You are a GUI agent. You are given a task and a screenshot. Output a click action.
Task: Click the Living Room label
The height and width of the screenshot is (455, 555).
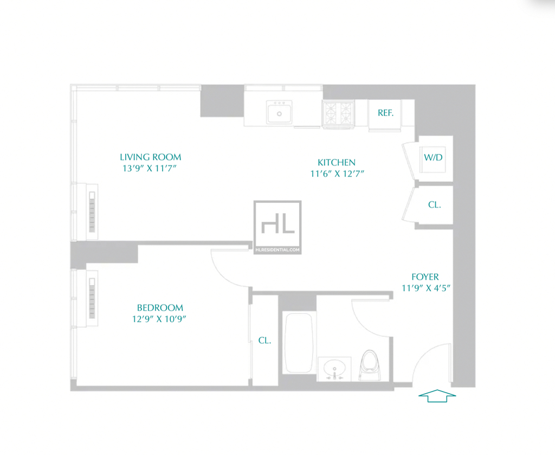click(x=151, y=157)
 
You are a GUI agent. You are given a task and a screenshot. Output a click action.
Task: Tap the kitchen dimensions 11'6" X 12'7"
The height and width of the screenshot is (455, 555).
click(x=337, y=174)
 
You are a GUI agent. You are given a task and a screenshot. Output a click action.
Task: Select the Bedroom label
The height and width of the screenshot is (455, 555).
click(x=160, y=307)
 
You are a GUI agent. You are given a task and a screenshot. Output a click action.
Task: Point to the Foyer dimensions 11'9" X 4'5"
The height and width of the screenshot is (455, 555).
click(x=426, y=288)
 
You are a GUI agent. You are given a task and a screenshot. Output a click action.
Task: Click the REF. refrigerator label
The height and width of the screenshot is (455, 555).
click(x=385, y=113)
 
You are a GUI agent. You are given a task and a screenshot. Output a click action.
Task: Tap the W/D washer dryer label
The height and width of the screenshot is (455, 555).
click(x=433, y=157)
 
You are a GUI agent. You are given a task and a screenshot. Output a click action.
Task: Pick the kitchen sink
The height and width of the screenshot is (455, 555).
click(x=279, y=112)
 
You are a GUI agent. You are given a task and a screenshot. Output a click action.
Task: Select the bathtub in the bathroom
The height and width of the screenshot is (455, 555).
click(x=299, y=342)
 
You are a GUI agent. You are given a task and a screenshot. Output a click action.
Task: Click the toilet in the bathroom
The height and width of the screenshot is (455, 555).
click(x=370, y=365)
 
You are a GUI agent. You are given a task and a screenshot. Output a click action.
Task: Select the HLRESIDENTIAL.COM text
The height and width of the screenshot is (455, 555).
click(x=277, y=249)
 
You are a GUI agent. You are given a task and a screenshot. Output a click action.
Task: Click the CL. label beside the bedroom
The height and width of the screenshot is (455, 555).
click(x=264, y=340)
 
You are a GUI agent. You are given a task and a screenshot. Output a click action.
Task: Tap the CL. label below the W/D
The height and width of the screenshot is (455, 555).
click(x=434, y=204)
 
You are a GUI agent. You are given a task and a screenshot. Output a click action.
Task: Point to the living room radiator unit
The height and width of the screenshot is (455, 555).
click(x=92, y=212)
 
